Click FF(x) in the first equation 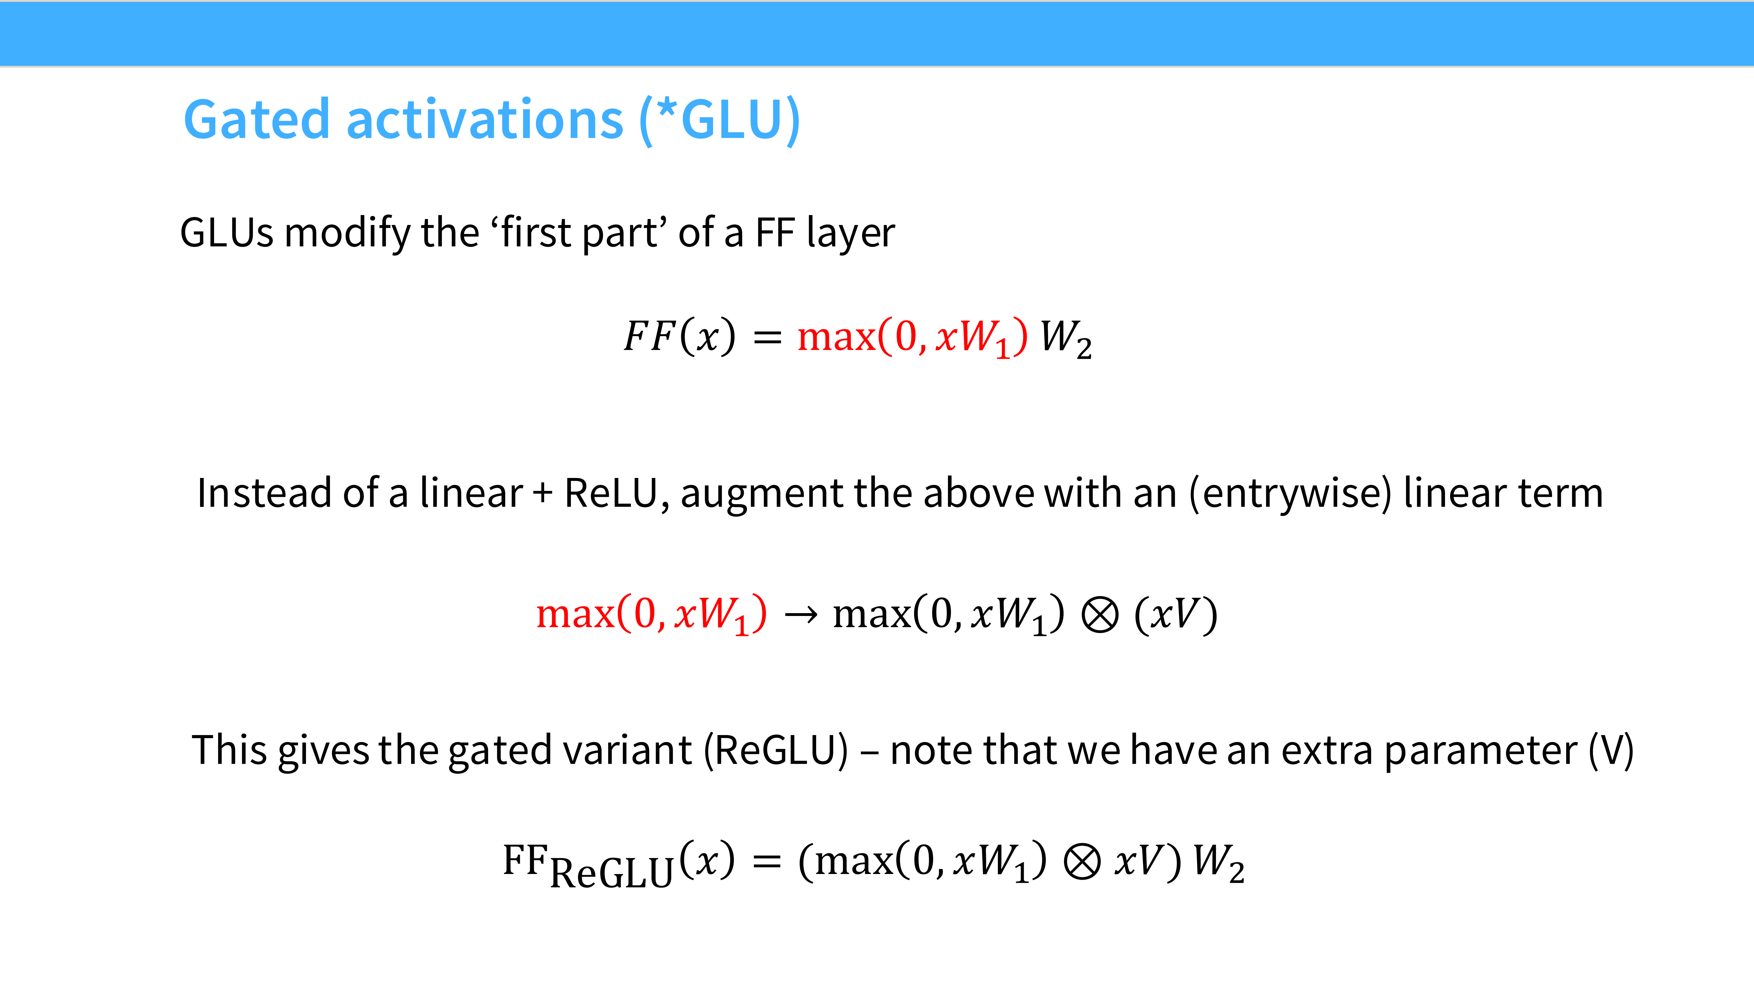[x=680, y=337]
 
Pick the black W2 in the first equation [x=1065, y=338]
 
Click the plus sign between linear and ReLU [x=543, y=493]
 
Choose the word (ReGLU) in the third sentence [x=776, y=751]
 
